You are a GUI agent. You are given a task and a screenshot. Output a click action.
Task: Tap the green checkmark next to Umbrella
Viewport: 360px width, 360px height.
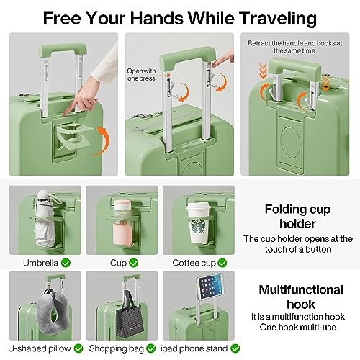[66, 263]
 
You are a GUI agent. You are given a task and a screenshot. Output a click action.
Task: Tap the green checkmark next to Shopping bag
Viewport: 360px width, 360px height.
[150, 349]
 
